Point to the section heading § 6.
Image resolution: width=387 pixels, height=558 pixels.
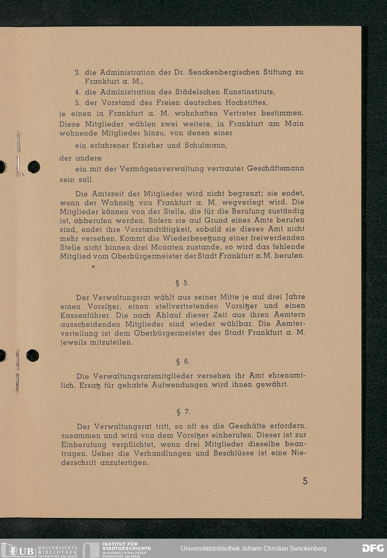[x=183, y=362]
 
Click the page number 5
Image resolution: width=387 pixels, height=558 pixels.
[x=305, y=481]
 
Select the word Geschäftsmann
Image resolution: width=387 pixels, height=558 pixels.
[x=275, y=169]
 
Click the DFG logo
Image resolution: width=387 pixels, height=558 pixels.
[x=373, y=548]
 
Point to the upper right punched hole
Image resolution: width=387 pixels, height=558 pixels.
[x=34, y=167]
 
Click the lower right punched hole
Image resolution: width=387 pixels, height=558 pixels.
[x=33, y=355]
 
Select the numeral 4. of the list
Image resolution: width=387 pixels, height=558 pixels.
[x=77, y=92]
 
